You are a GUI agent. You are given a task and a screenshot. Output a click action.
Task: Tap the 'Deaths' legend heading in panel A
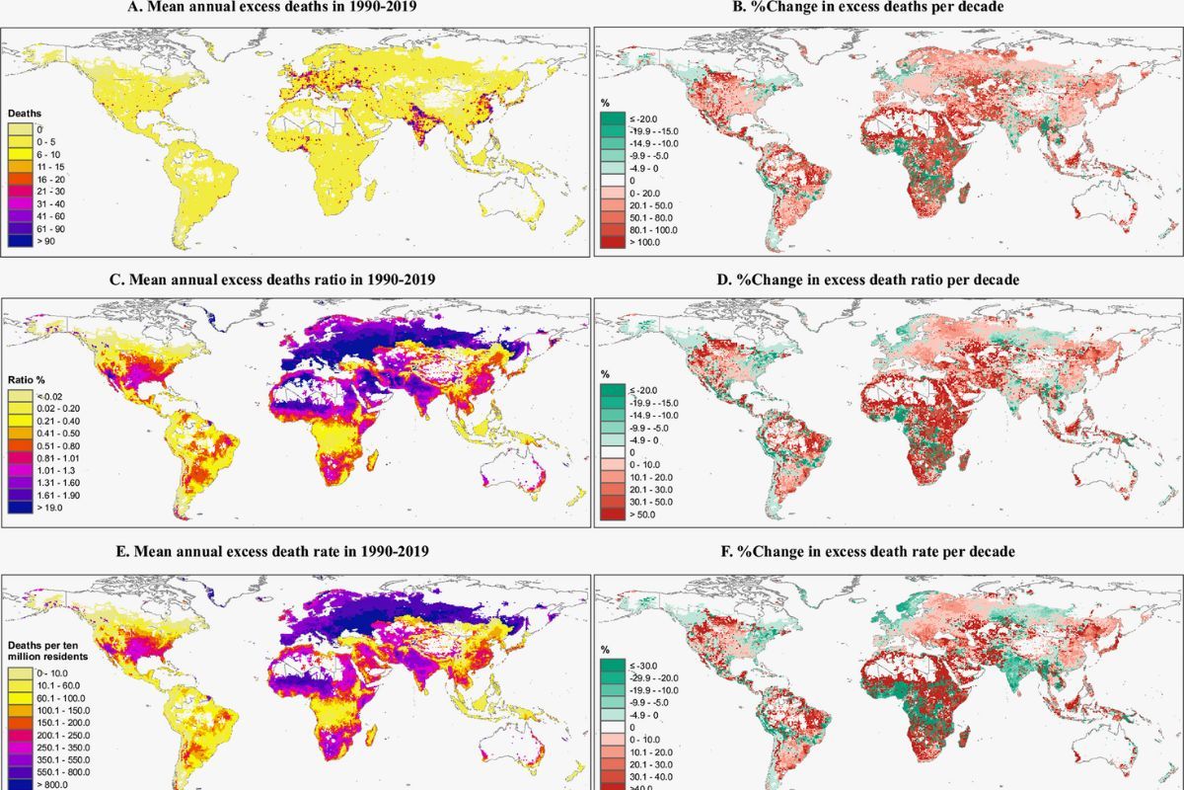tap(25, 114)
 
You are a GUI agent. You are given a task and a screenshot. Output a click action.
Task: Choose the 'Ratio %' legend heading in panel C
tap(28, 379)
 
